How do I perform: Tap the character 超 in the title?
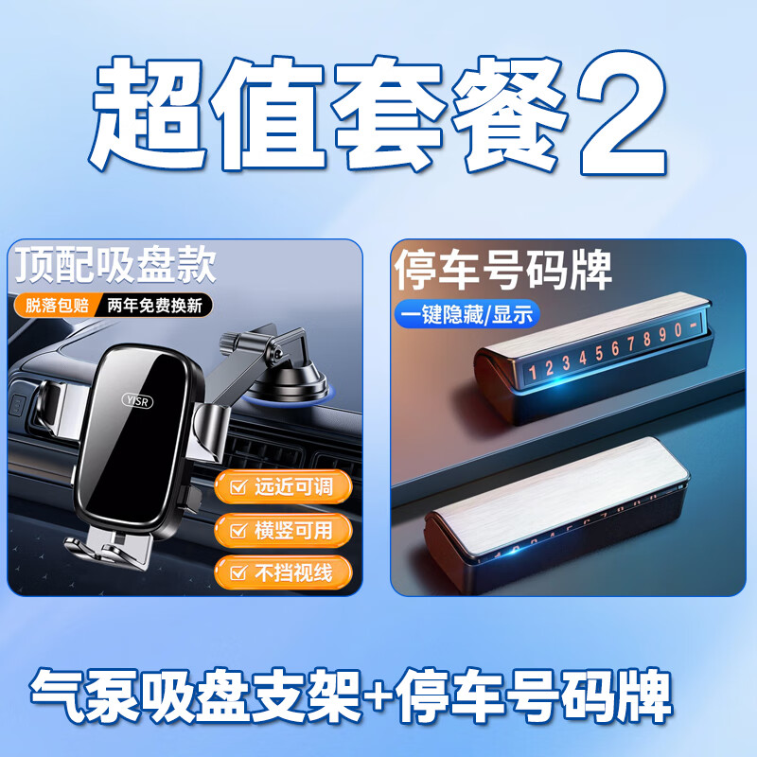149,114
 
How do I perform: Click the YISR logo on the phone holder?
137,400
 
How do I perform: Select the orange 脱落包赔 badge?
57,305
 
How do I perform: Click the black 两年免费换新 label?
154,305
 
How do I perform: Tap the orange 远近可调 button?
283,486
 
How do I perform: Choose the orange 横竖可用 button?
283,530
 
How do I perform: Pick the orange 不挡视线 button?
283,572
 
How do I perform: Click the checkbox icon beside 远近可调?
238,486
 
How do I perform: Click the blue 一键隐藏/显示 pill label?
467,315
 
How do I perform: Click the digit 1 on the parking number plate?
533,372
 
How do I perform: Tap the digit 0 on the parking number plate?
678,329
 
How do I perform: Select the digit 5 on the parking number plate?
599,353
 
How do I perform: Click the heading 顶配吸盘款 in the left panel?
114,265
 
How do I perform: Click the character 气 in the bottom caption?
57,695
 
